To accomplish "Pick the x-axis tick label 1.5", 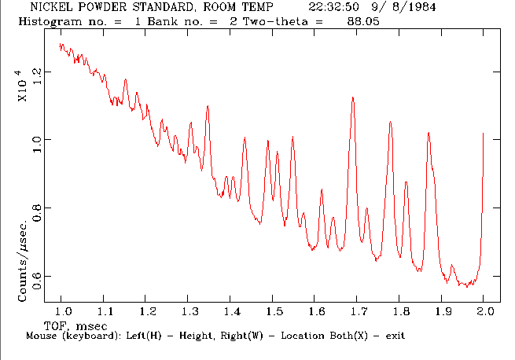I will click(272, 312).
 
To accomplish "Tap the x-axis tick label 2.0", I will click(483, 312).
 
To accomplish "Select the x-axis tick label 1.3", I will click(189, 312).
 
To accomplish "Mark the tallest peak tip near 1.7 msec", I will click(353, 97).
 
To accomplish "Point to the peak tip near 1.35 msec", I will click(208, 105).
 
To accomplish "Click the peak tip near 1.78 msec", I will click(390, 122).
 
